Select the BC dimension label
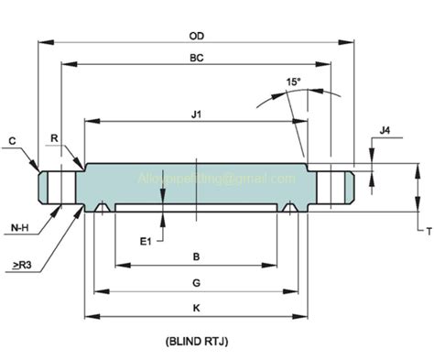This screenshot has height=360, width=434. [x=197, y=57]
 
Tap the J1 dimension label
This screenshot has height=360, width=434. [x=197, y=114]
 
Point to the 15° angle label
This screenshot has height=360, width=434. [x=292, y=82]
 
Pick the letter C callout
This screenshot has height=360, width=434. [x=12, y=140]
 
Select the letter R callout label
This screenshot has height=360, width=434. [x=56, y=138]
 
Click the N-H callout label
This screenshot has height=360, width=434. [x=18, y=225]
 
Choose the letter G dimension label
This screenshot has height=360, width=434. [x=197, y=282]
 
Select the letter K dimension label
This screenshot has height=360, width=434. [x=197, y=308]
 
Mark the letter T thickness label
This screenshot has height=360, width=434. [x=427, y=231]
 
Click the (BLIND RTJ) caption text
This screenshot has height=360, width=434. [x=197, y=343]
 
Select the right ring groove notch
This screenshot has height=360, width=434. [x=290, y=208]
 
